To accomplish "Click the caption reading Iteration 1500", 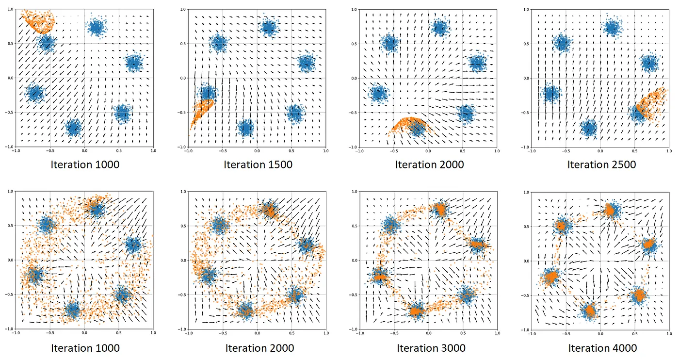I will click(x=258, y=164).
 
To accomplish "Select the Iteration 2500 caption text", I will click(x=601, y=164).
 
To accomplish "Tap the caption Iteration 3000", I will click(x=431, y=348).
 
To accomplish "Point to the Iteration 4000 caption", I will click(x=602, y=348).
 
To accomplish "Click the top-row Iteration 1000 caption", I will click(x=85, y=164).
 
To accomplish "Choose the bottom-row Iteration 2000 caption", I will click(x=259, y=348).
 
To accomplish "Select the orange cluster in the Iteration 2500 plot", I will click(x=653, y=104).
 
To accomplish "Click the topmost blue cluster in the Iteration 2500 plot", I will click(x=613, y=28).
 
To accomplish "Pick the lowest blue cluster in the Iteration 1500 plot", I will click(x=246, y=129).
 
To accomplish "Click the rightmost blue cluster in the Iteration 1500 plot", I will click(x=307, y=63).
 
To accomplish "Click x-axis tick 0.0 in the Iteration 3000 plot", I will click(x=428, y=334).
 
